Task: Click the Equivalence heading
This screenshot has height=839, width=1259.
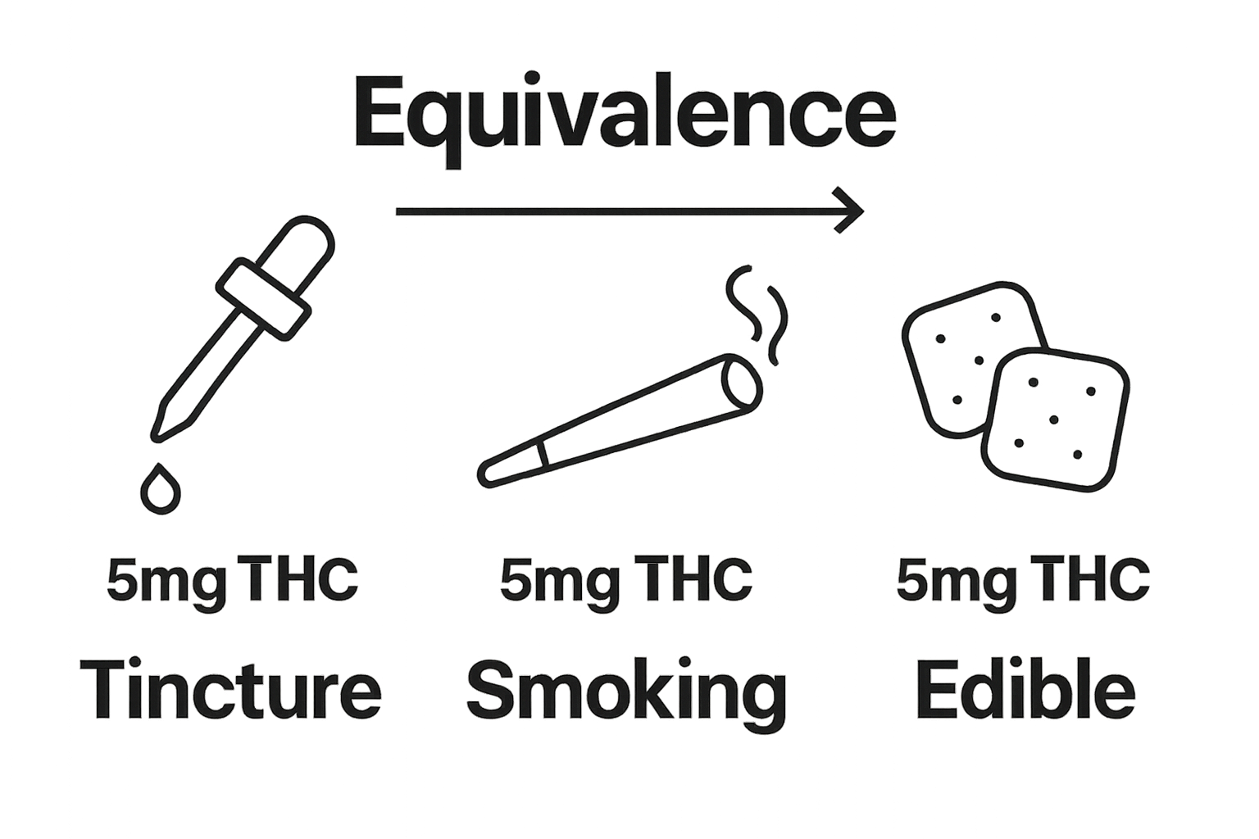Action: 625,115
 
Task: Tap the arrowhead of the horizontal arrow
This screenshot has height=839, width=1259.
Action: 852,211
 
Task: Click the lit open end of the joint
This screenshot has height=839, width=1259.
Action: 742,382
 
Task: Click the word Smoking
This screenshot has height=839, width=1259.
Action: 626,690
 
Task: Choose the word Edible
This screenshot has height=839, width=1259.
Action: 1025,690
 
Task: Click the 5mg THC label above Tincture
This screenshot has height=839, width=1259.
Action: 232,580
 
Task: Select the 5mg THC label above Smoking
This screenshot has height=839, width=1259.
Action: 626,580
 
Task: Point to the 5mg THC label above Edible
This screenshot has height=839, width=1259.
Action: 1023,580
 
